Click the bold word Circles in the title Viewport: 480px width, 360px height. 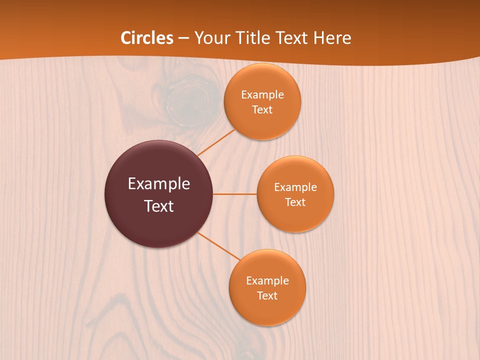coord(146,38)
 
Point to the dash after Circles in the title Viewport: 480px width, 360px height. coord(183,38)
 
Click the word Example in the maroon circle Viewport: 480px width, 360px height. coord(159,183)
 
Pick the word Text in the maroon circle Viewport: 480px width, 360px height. coord(159,206)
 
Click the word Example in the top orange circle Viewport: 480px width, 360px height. coord(262,94)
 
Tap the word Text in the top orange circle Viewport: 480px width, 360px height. coord(262,109)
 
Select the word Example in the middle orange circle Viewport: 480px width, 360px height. coord(295,187)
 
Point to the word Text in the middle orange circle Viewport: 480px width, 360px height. coord(295,202)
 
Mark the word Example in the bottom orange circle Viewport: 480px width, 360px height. coord(267,280)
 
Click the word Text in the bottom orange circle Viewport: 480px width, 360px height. coord(267,295)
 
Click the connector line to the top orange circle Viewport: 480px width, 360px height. coord(216,143)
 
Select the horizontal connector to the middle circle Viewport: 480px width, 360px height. coord(234,194)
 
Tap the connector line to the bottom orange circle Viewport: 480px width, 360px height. coord(219,246)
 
